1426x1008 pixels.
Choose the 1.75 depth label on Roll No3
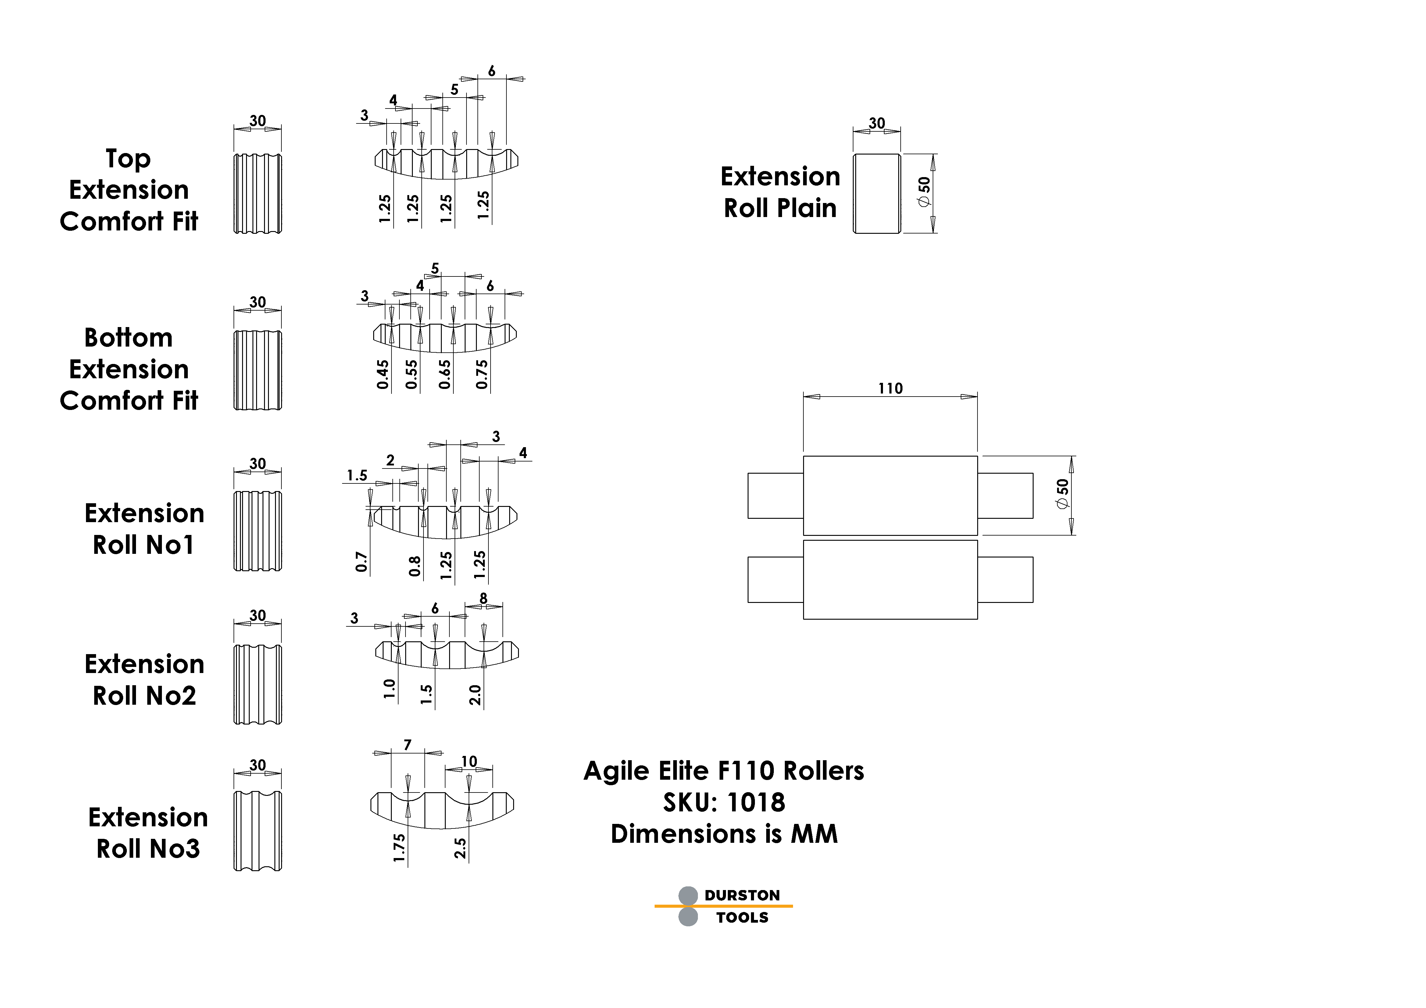pos(399,848)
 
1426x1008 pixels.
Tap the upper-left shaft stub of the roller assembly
pos(775,496)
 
